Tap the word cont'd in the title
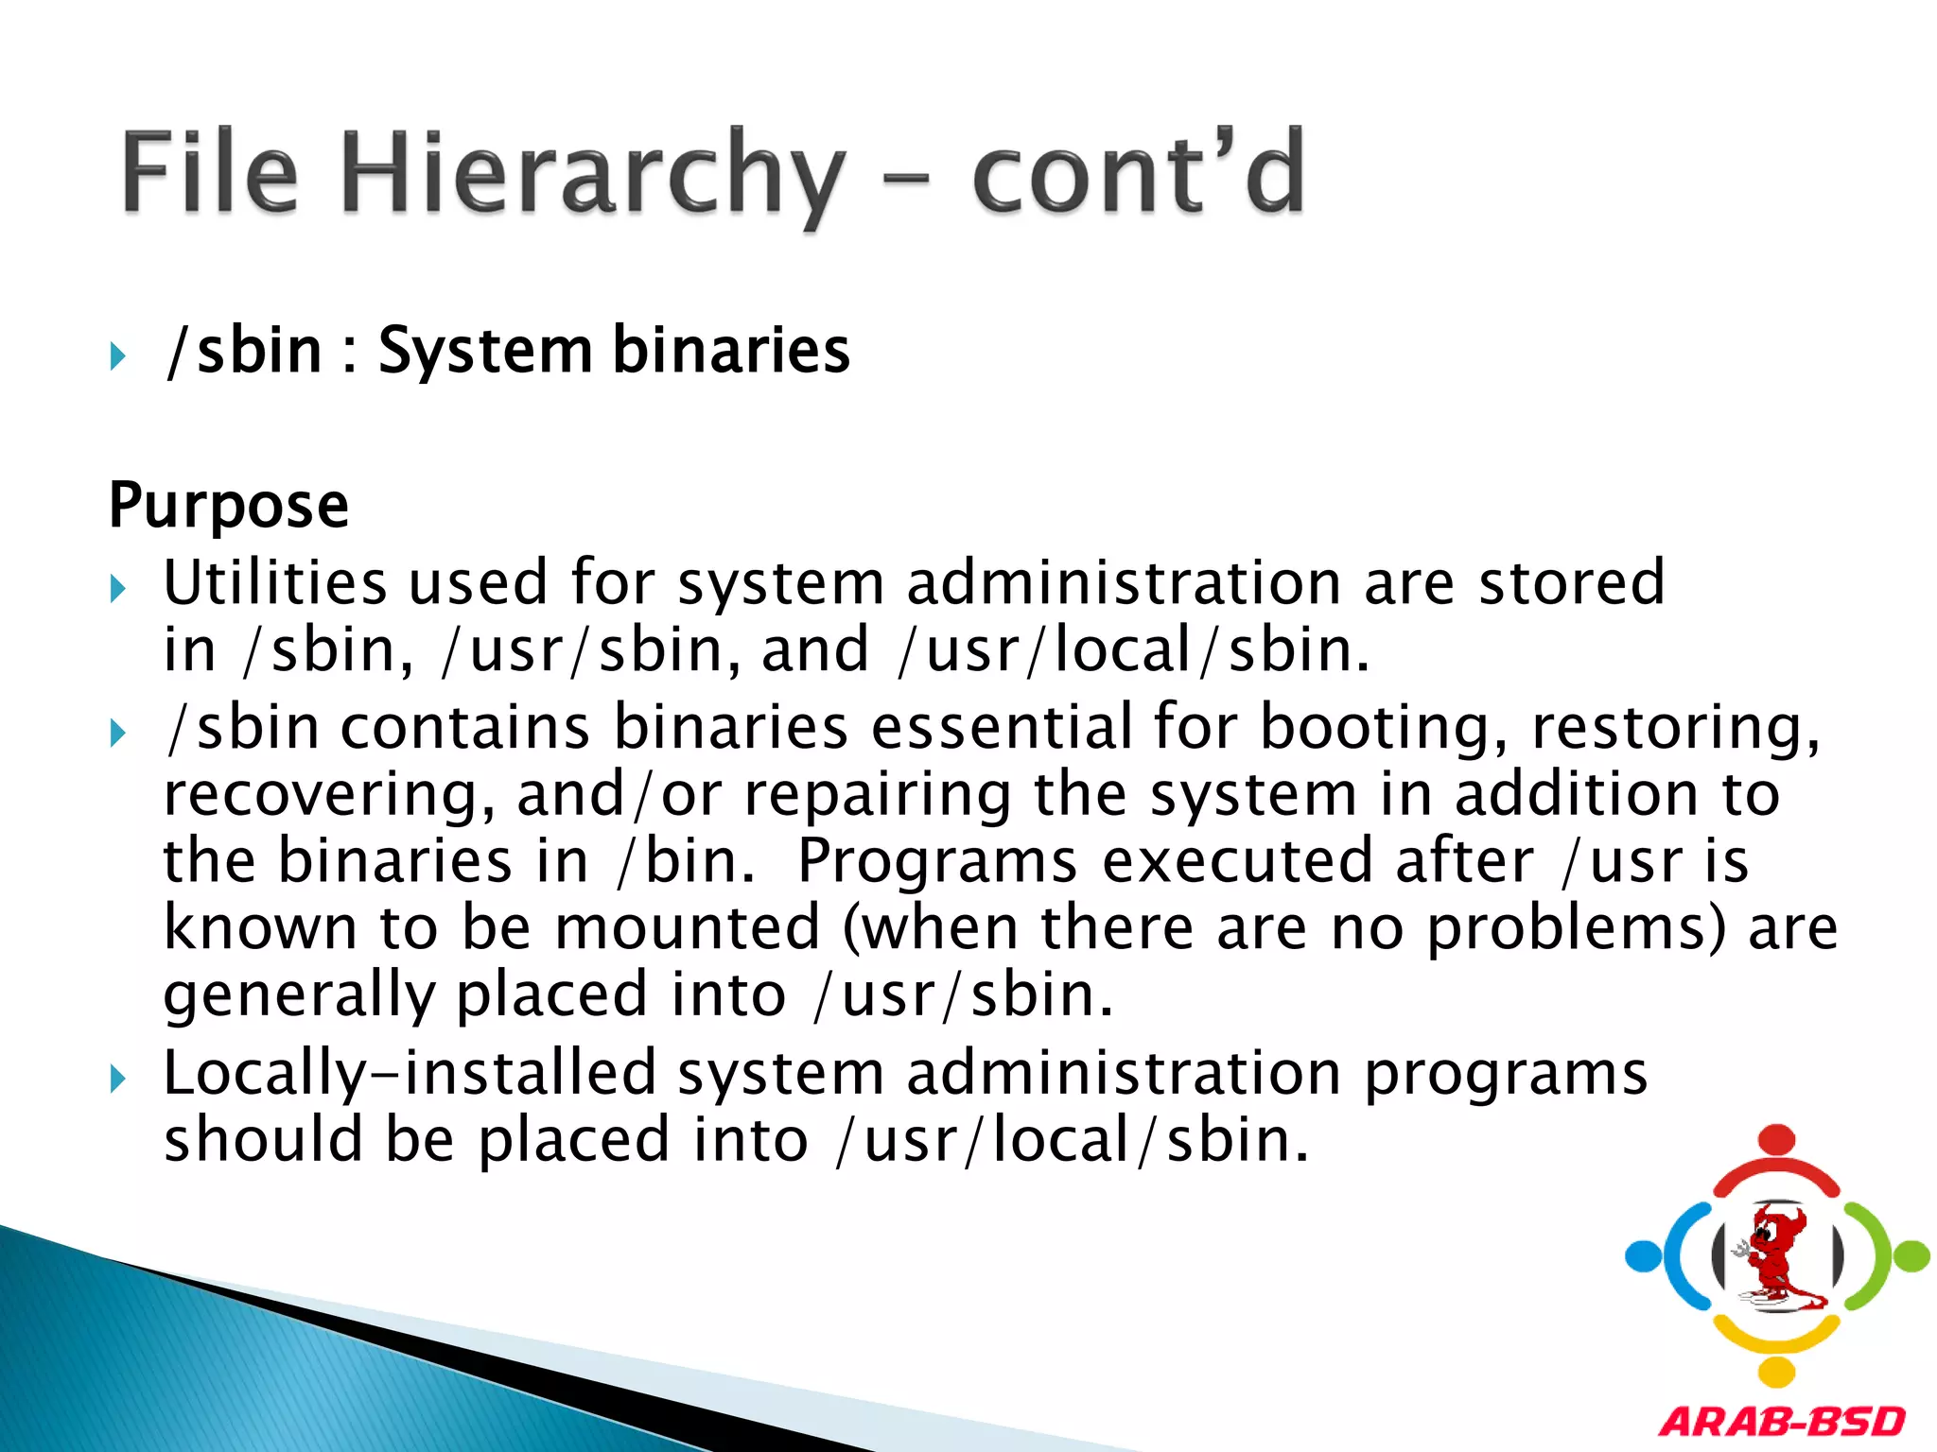click(x=1139, y=175)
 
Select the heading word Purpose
click(x=229, y=505)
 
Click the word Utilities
click(x=275, y=582)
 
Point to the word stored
click(x=1571, y=582)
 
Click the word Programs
click(x=937, y=861)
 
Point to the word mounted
click(x=688, y=928)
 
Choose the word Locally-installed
click(x=410, y=1074)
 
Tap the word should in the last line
click(x=263, y=1140)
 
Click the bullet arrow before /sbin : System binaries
click(x=117, y=357)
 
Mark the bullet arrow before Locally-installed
click(x=117, y=1079)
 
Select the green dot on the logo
click(x=1912, y=1256)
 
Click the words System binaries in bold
click(x=614, y=351)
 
